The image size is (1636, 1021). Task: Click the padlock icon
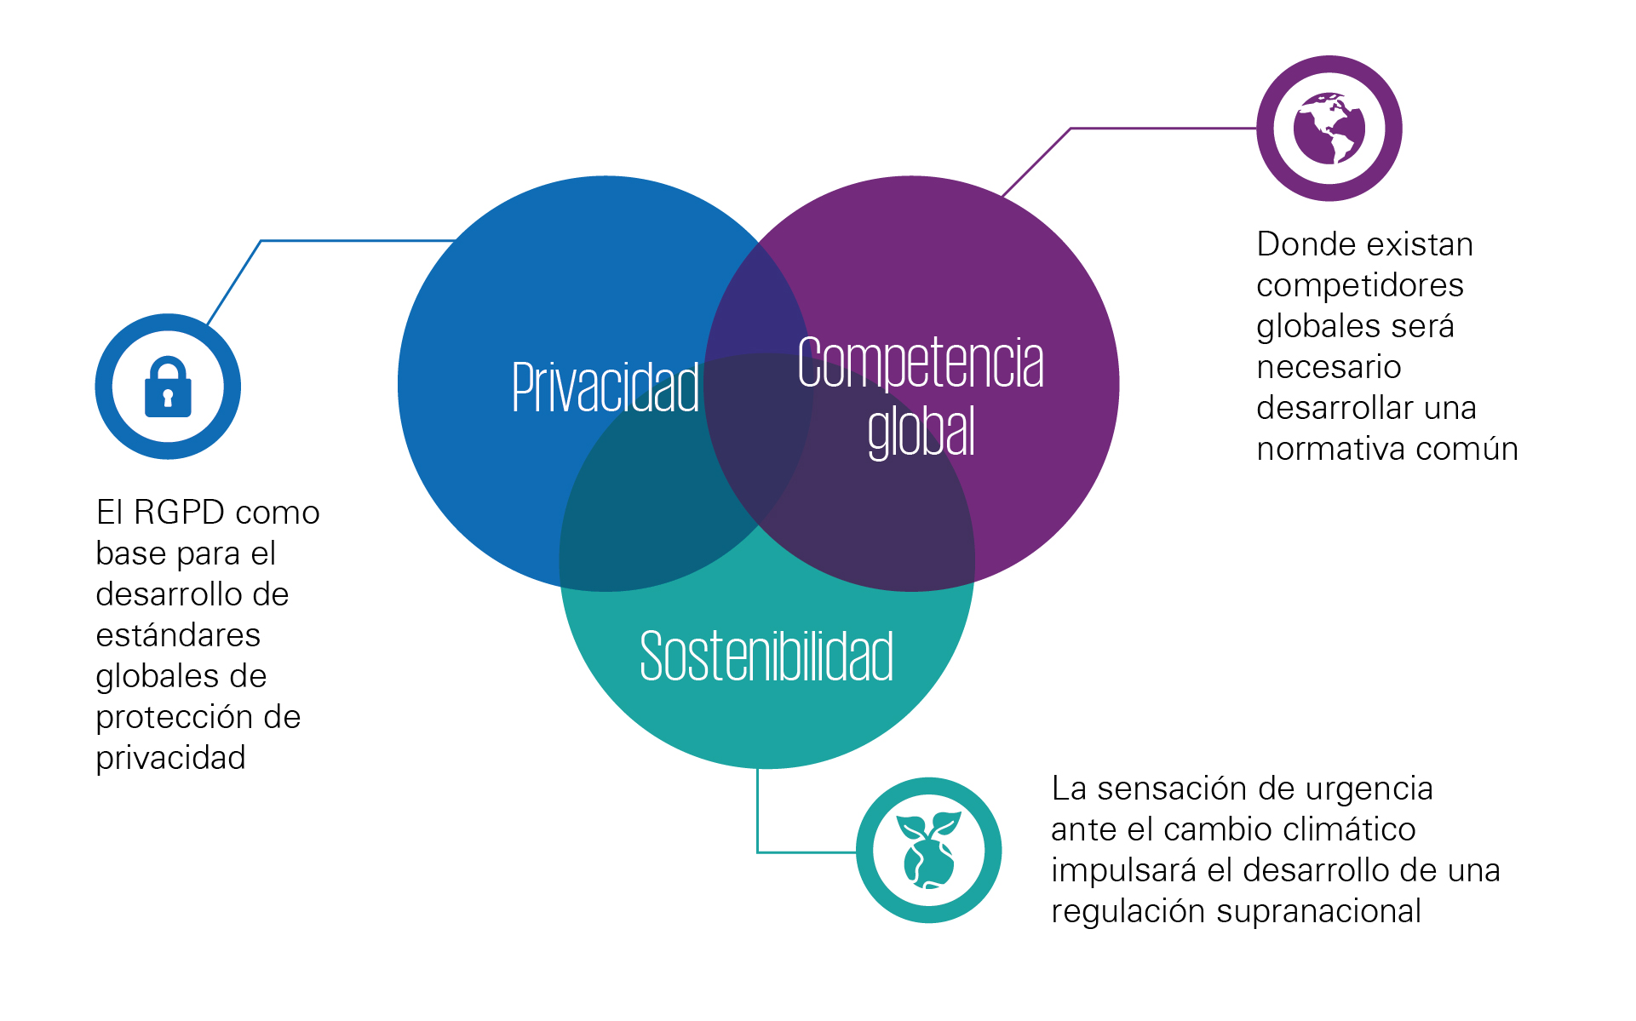click(168, 387)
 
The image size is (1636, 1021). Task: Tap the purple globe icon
click(1329, 128)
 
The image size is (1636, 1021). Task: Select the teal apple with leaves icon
click(928, 850)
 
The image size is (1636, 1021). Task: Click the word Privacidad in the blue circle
click(606, 387)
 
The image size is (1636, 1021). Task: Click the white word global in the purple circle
click(921, 431)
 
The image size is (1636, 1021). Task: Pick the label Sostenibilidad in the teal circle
click(766, 656)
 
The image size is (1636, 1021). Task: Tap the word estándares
click(178, 635)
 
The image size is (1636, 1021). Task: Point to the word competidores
click(1360, 286)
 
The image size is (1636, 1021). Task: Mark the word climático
click(1349, 829)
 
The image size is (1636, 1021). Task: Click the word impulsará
click(1123, 871)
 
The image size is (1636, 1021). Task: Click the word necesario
click(1329, 367)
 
